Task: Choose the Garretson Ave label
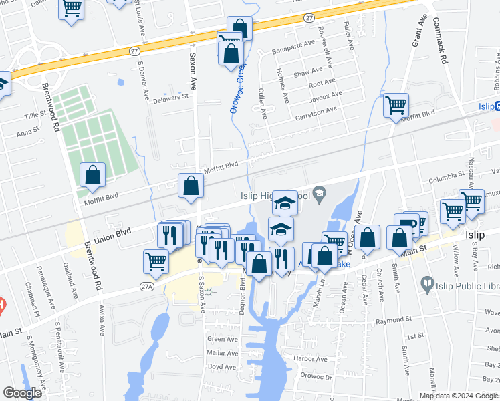316,113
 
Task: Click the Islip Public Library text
468,286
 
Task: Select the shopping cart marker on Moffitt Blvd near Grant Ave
396,105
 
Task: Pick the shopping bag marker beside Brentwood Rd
92,175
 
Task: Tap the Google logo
22,393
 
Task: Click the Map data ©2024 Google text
459,395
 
